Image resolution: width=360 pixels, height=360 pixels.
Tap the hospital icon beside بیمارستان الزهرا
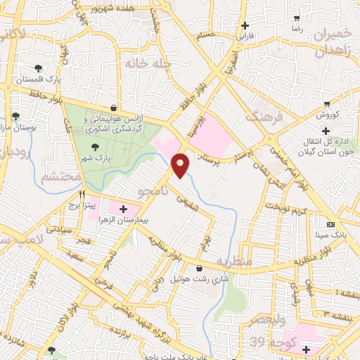124,209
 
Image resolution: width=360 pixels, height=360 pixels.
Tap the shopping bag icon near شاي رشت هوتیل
200,268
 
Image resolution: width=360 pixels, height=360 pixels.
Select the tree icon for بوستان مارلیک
15,116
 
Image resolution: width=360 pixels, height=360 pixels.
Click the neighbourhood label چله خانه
148,63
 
